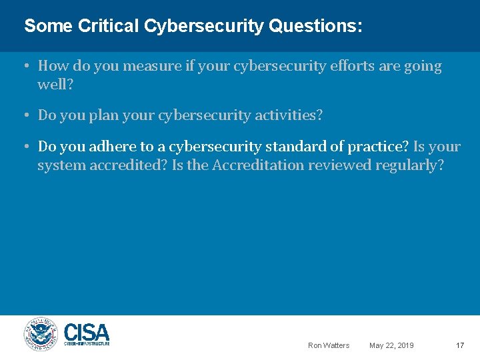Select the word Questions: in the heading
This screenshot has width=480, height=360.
click(316, 26)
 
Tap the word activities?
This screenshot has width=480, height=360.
click(290, 115)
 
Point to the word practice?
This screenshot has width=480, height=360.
click(378, 147)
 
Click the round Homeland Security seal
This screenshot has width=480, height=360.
click(41, 334)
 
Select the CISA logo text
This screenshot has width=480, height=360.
click(87, 333)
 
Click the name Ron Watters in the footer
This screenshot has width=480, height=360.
click(328, 345)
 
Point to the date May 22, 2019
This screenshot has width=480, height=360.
click(391, 345)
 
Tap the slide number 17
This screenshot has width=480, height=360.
click(459, 345)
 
